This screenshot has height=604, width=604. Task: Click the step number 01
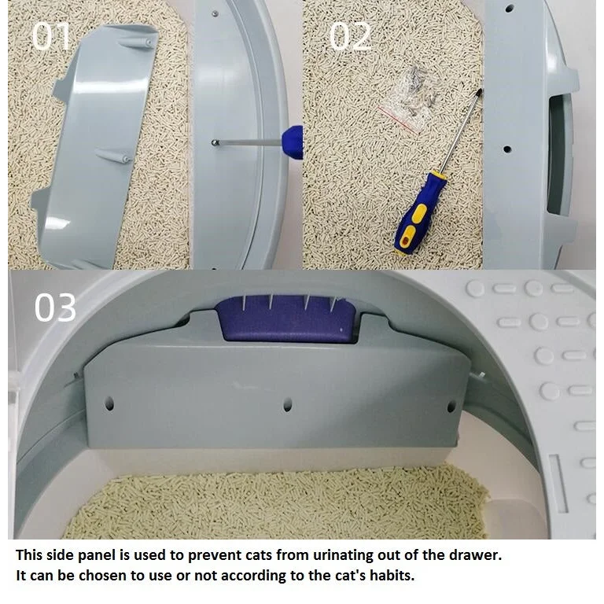pos(51,36)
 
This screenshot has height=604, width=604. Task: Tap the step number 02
pos(350,36)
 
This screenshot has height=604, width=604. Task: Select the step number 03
pos(55,307)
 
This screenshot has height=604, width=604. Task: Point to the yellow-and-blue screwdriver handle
pos(418,215)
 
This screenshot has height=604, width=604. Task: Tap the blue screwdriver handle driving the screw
pos(293,142)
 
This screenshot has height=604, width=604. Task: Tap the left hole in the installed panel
pos(109,403)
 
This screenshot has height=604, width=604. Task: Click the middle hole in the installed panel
pos(287,405)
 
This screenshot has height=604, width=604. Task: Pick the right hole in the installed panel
pos(451,406)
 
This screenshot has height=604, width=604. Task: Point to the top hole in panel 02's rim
pos(510,8)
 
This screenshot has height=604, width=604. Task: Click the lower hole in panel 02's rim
pos(507,149)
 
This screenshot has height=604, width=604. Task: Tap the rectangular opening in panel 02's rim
pos(558,155)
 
